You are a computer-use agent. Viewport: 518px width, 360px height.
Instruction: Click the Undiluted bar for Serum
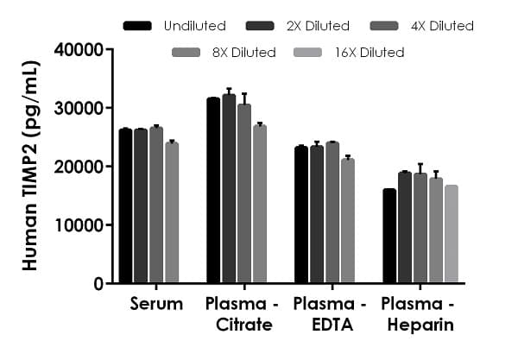(126, 206)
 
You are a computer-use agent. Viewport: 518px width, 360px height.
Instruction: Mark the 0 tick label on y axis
(98, 284)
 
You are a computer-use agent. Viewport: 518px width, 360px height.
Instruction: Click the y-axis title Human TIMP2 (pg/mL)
(30, 166)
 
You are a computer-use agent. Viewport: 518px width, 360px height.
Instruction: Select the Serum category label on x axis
(156, 304)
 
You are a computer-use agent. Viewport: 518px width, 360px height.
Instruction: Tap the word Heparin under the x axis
(419, 325)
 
